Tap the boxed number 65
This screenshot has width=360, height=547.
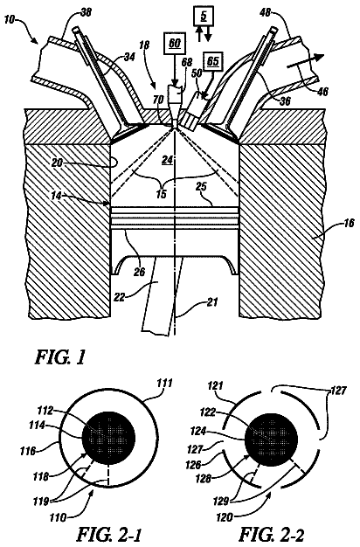click(213, 61)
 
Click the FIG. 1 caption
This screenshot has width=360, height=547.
click(59, 357)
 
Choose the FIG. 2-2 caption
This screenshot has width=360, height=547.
click(273, 534)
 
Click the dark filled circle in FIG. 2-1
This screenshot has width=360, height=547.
click(108, 438)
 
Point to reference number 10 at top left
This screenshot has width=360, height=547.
click(10, 19)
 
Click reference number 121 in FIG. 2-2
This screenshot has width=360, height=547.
click(217, 386)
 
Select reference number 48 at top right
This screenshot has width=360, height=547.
click(267, 13)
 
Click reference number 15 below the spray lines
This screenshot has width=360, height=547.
click(161, 194)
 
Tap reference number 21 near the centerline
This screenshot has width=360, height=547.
click(212, 301)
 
